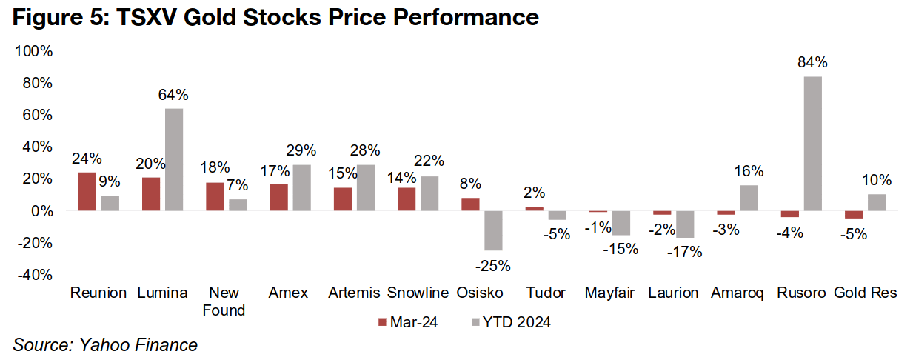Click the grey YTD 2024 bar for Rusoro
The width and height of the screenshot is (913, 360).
pos(812,144)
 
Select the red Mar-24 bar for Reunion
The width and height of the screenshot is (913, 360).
pos(87,191)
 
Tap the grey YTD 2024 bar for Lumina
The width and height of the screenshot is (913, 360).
pos(174,159)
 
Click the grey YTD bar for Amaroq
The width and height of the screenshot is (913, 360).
pos(748,198)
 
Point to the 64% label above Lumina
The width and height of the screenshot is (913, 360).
pos(174,95)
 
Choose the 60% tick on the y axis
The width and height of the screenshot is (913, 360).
pos(35,115)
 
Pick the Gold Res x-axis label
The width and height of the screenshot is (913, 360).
pos(866,293)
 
